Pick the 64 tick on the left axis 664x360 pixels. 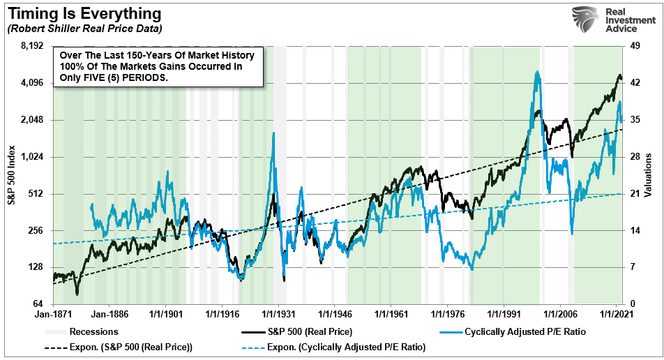(38, 304)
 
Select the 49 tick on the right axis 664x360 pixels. (635, 46)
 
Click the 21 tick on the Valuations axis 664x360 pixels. (635, 194)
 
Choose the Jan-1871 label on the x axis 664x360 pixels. (54, 315)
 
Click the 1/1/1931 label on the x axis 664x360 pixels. (278, 315)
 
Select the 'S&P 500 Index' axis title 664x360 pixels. (11, 175)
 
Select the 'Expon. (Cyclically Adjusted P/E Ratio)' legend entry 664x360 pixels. (353, 347)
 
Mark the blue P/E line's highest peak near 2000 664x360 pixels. (536, 72)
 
